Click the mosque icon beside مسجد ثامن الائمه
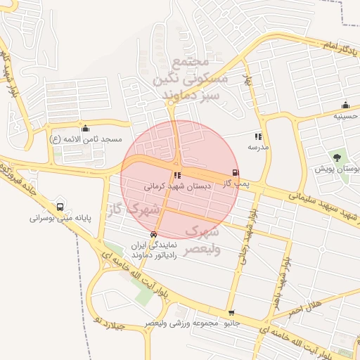point(86,128)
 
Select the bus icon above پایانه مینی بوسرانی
point(60,207)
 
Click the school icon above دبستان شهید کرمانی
point(176,175)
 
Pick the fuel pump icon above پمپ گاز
point(235,173)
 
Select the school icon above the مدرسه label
point(258,136)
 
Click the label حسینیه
point(345,115)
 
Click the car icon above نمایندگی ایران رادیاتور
point(153,234)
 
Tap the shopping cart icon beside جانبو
point(231,313)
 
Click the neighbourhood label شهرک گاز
point(134,209)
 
